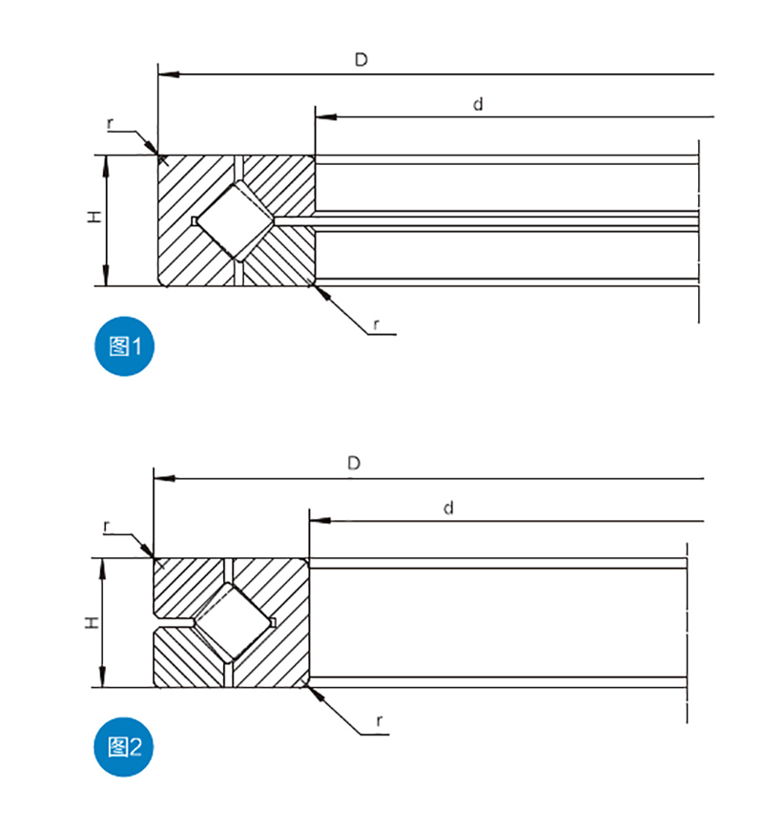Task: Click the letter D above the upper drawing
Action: click(x=361, y=60)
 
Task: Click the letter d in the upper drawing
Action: click(x=479, y=104)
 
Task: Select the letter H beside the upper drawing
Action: click(x=93, y=218)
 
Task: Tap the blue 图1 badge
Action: click(x=125, y=347)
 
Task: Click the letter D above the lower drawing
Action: click(x=354, y=464)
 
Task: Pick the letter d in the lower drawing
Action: click(x=448, y=509)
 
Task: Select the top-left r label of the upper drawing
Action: click(x=110, y=124)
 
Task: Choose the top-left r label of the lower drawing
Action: click(x=106, y=527)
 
